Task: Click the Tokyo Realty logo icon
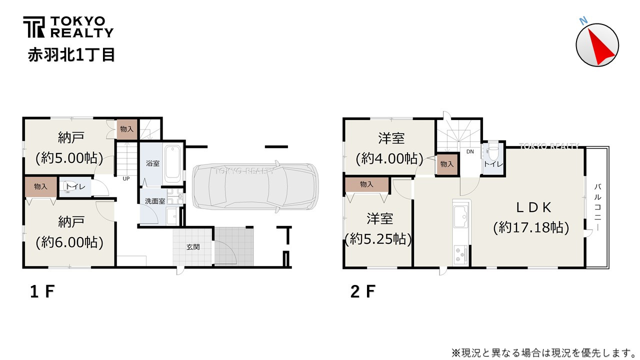pos(33,27)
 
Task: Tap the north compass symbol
pos(597,44)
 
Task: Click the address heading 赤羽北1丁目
pos(71,54)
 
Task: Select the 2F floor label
pos(362,291)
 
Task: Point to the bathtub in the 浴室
pos(172,162)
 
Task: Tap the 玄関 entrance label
pos(193,246)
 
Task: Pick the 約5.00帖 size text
pos(69,158)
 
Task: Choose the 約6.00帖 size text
pos(69,242)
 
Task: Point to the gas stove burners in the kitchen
pos(460,254)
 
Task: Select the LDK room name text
pos(533,206)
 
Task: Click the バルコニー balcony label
pos(597,207)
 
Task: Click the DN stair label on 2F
pos(470,151)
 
